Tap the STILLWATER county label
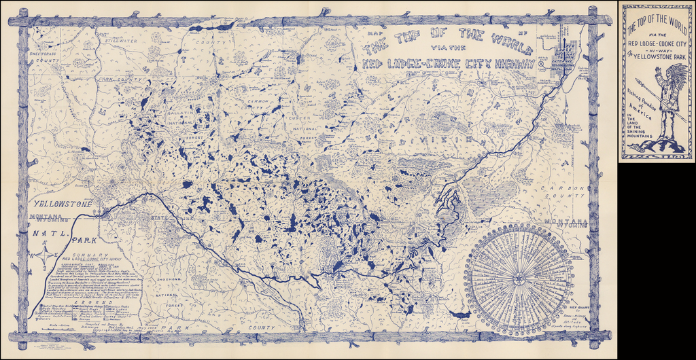(x=121, y=41)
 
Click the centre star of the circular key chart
(x=517, y=278)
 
